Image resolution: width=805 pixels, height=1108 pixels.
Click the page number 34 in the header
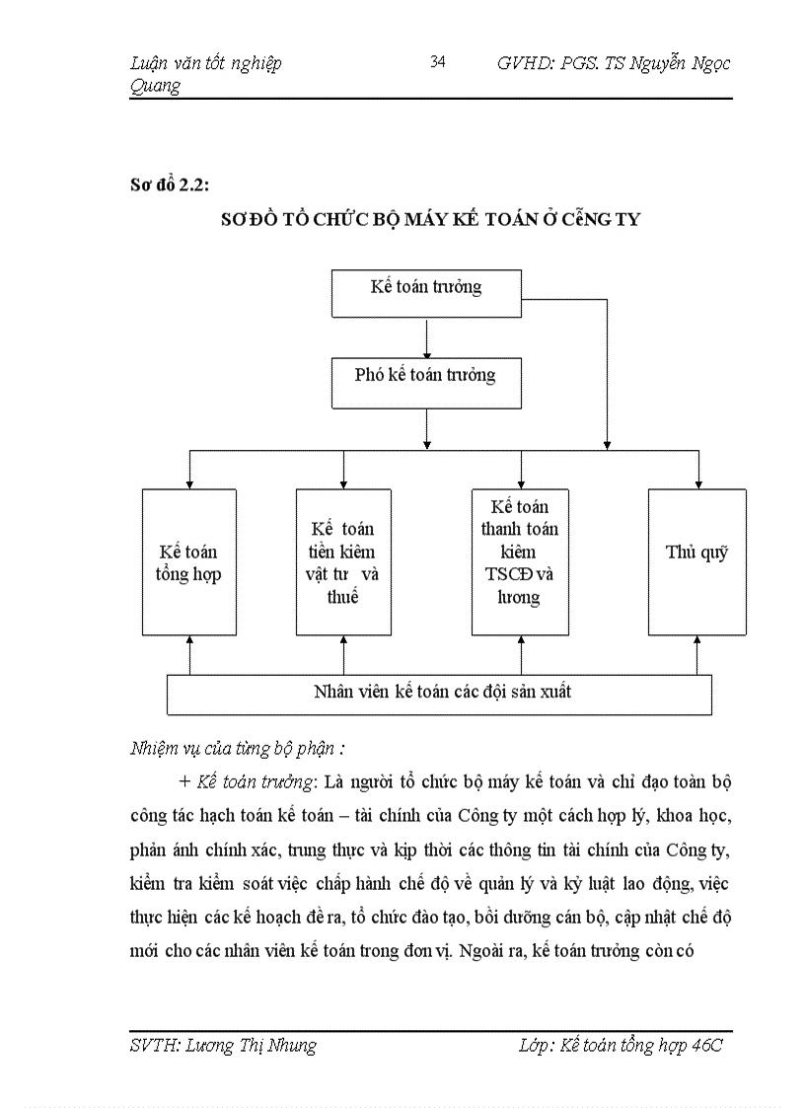point(438,62)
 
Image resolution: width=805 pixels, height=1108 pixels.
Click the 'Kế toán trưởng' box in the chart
point(426,292)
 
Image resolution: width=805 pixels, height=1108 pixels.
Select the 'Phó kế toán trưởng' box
point(426,383)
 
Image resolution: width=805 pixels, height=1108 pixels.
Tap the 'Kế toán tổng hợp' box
point(188,562)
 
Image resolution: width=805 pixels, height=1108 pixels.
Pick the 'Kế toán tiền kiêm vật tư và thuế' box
point(342,562)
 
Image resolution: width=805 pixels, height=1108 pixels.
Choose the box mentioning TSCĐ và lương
point(520,562)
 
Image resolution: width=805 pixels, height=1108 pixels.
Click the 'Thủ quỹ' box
point(696,560)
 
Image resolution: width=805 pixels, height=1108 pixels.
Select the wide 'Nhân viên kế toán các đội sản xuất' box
point(440,694)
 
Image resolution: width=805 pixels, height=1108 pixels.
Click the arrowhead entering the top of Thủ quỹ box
point(697,481)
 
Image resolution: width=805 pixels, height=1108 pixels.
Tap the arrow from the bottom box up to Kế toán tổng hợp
point(189,654)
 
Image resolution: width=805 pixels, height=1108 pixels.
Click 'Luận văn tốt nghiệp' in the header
point(206,63)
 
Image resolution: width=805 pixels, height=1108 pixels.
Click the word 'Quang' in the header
point(156,86)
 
